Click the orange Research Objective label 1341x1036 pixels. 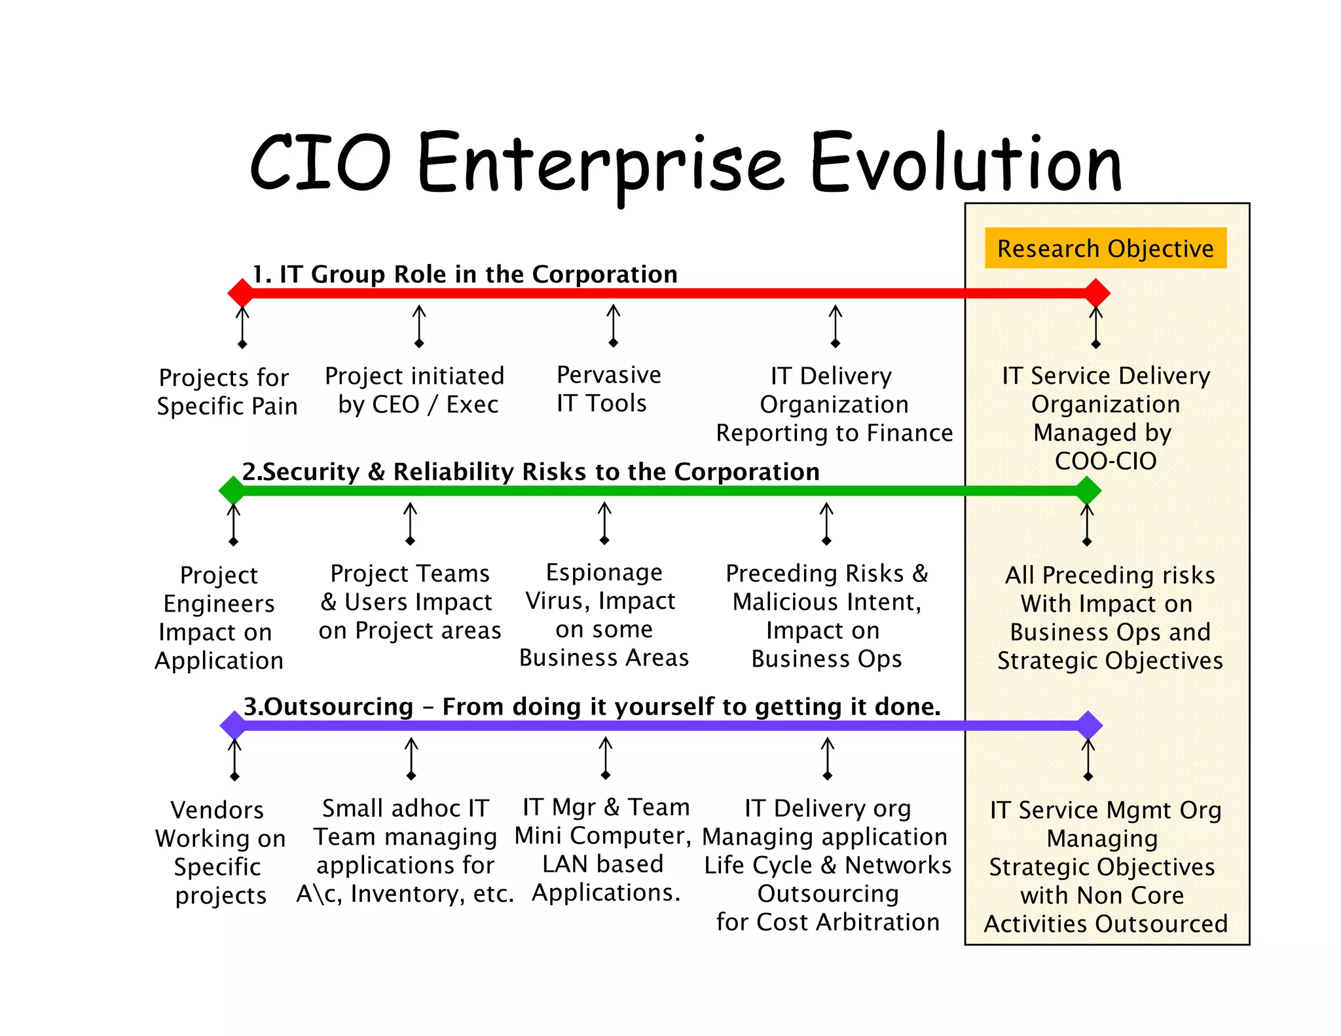pos(1105,248)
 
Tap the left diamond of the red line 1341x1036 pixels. pos(241,293)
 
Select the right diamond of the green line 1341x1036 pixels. pos(1088,490)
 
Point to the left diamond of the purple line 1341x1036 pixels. pos(233,725)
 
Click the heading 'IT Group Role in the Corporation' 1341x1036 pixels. pos(465,274)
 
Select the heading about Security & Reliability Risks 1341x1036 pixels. pos(530,472)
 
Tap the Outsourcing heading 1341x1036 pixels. pos(591,707)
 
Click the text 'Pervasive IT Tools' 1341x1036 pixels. pos(608,389)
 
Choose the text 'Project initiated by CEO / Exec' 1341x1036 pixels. pos(415,390)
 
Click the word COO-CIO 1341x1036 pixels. pos(1105,461)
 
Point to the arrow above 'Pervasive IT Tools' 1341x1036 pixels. pos(613,325)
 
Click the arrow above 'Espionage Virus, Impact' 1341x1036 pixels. pos(604,523)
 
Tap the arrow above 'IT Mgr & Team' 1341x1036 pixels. pos(606,758)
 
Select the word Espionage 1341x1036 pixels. pos(604,572)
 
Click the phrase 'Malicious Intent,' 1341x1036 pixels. pos(826,602)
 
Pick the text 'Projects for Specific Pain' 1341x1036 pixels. pos(226,392)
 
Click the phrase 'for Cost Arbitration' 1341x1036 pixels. pos(828,922)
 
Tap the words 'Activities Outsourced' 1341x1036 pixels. pos(1105,924)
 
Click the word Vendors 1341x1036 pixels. pos(217,810)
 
